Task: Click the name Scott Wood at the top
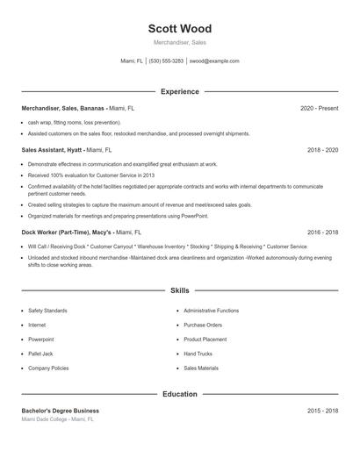[x=180, y=29]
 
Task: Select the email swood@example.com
[x=215, y=61]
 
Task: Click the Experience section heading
[x=180, y=91]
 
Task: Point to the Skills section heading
[x=180, y=290]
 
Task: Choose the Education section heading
[x=180, y=394]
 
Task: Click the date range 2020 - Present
[x=319, y=108]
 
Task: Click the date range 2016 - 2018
[x=322, y=232]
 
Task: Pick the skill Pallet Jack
[x=41, y=354]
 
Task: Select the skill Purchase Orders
[x=203, y=325]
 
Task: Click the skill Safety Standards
[x=48, y=311]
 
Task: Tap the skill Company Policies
[x=49, y=368]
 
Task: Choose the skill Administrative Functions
[x=212, y=311]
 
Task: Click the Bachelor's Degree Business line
[x=61, y=411]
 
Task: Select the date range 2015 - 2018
[x=322, y=411]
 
